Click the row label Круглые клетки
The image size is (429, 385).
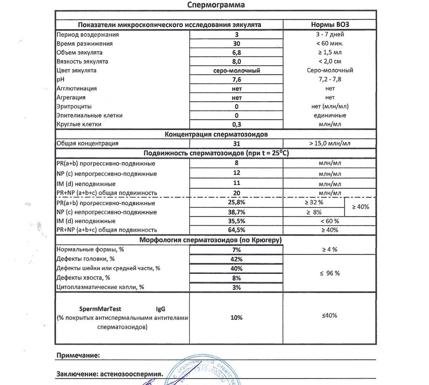point(79,124)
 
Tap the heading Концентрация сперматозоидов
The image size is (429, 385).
point(216,134)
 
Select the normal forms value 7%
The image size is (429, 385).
point(236,249)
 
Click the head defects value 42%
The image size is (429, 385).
point(236,259)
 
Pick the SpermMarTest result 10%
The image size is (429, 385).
point(236,318)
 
